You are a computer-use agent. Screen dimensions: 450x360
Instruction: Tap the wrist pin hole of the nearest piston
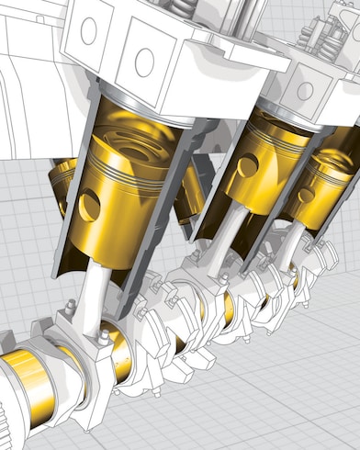(x=89, y=206)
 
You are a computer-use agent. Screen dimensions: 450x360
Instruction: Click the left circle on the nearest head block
(x=88, y=31)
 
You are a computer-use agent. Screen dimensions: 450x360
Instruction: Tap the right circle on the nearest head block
(x=144, y=62)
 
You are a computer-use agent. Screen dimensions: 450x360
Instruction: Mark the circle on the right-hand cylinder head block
(x=304, y=90)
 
